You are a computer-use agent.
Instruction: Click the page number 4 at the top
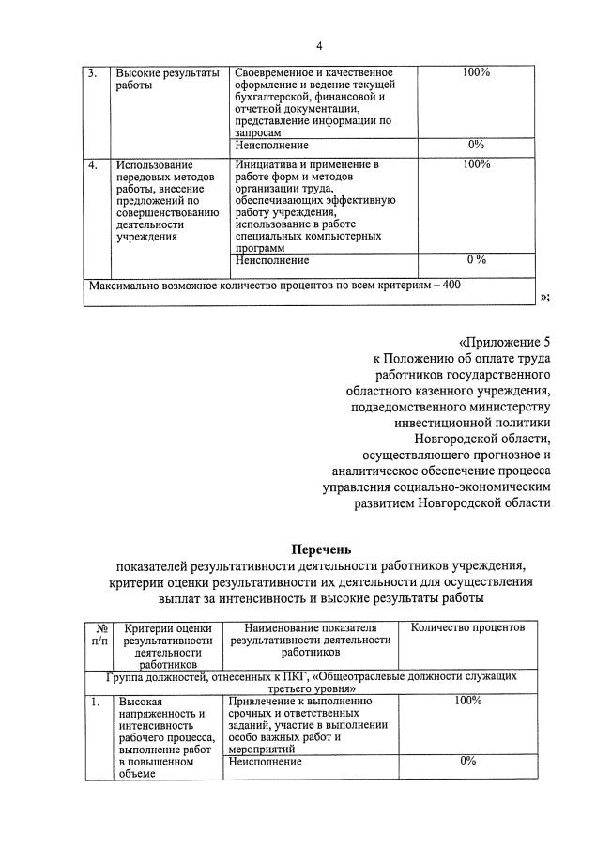(x=318, y=46)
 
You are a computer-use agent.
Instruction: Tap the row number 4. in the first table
(x=92, y=165)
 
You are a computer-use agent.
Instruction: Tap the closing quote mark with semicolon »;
(x=545, y=298)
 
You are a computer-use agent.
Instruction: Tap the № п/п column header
(x=99, y=634)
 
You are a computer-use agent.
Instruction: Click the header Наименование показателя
(x=310, y=627)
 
